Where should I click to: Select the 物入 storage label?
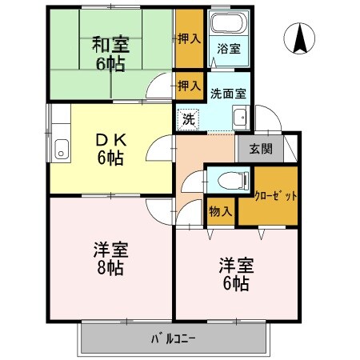pos(220,211)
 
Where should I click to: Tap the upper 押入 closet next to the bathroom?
pos(188,38)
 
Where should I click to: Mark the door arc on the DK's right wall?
pos(165,148)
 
